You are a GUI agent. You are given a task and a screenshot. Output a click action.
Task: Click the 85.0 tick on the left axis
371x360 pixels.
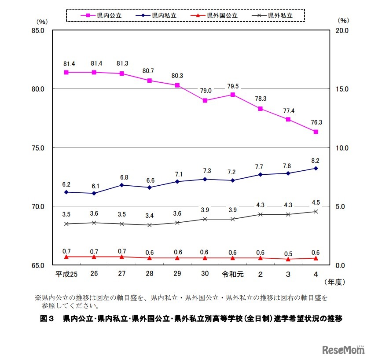point(39,30)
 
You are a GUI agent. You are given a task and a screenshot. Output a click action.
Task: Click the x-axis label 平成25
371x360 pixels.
point(66,274)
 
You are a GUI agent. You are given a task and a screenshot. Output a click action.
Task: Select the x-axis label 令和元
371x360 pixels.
point(233,274)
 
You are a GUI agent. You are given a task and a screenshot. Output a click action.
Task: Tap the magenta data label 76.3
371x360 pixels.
point(316,123)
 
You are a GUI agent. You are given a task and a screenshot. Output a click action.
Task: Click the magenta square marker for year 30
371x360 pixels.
point(205,100)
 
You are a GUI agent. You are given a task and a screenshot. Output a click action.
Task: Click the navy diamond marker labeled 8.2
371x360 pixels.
point(316,168)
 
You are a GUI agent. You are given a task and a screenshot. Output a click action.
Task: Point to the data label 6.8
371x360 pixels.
point(122,177)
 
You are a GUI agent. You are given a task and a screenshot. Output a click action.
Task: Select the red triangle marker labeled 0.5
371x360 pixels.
point(288,259)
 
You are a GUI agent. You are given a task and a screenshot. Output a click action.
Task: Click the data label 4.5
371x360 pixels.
point(316,203)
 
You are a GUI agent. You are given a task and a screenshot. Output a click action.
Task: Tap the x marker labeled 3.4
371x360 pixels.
point(150,225)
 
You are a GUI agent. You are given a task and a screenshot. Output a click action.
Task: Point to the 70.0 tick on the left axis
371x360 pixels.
point(39,206)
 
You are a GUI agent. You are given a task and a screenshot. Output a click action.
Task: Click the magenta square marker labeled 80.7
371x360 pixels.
point(150,81)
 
